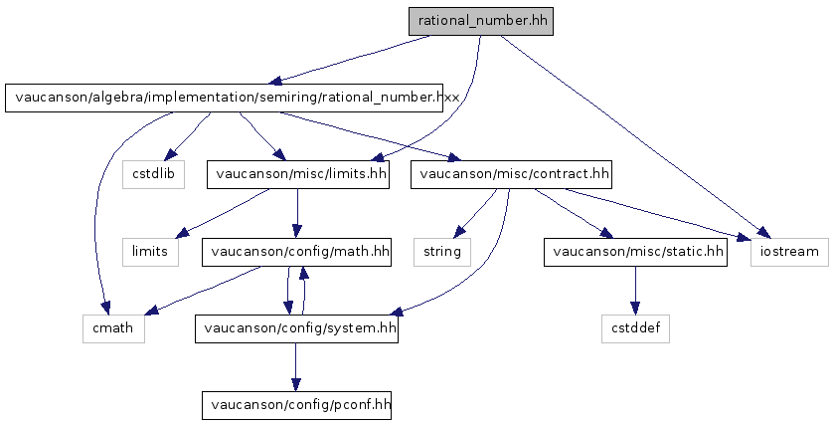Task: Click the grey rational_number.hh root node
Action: [481, 21]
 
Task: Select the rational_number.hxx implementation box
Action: [224, 98]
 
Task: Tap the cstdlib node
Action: [153, 174]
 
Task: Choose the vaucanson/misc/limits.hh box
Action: [297, 174]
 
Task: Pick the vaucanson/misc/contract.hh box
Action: [511, 174]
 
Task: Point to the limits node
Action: [150, 251]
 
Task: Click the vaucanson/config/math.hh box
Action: [296, 251]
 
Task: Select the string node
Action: [442, 251]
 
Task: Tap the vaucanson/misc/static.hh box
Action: [635, 251]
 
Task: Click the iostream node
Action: [789, 251]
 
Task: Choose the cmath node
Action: [113, 328]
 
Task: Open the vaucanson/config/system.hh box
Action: [296, 328]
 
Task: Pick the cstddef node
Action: [635, 328]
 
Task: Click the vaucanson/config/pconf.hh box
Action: [296, 405]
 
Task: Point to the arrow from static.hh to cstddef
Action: [635, 290]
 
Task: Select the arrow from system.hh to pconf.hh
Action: [296, 367]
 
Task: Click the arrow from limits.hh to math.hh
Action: [297, 213]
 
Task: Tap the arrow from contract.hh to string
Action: [475, 213]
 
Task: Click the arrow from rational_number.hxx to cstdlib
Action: [187, 136]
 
